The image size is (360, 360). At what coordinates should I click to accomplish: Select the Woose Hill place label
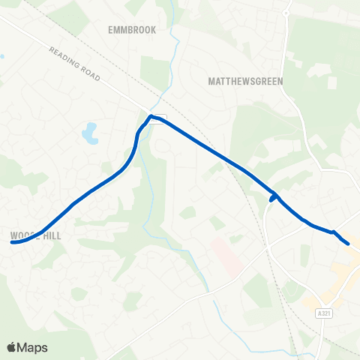[x=35, y=235]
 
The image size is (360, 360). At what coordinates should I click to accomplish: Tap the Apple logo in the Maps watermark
[x=12, y=347]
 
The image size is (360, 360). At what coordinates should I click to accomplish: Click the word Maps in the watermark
[x=33, y=347]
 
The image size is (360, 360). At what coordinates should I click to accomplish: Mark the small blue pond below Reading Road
[x=90, y=133]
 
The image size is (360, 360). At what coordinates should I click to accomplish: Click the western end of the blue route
[x=13, y=242]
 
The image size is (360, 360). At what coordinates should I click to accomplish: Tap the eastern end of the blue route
[x=348, y=243]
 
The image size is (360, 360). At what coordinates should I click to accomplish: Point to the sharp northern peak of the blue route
[x=151, y=116]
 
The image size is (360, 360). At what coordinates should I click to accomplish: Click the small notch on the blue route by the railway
[x=272, y=199]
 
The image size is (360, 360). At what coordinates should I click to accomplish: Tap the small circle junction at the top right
[x=286, y=13]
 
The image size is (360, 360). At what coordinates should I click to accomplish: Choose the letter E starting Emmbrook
[x=111, y=30]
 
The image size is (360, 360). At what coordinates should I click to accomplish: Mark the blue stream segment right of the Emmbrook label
[x=174, y=37]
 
